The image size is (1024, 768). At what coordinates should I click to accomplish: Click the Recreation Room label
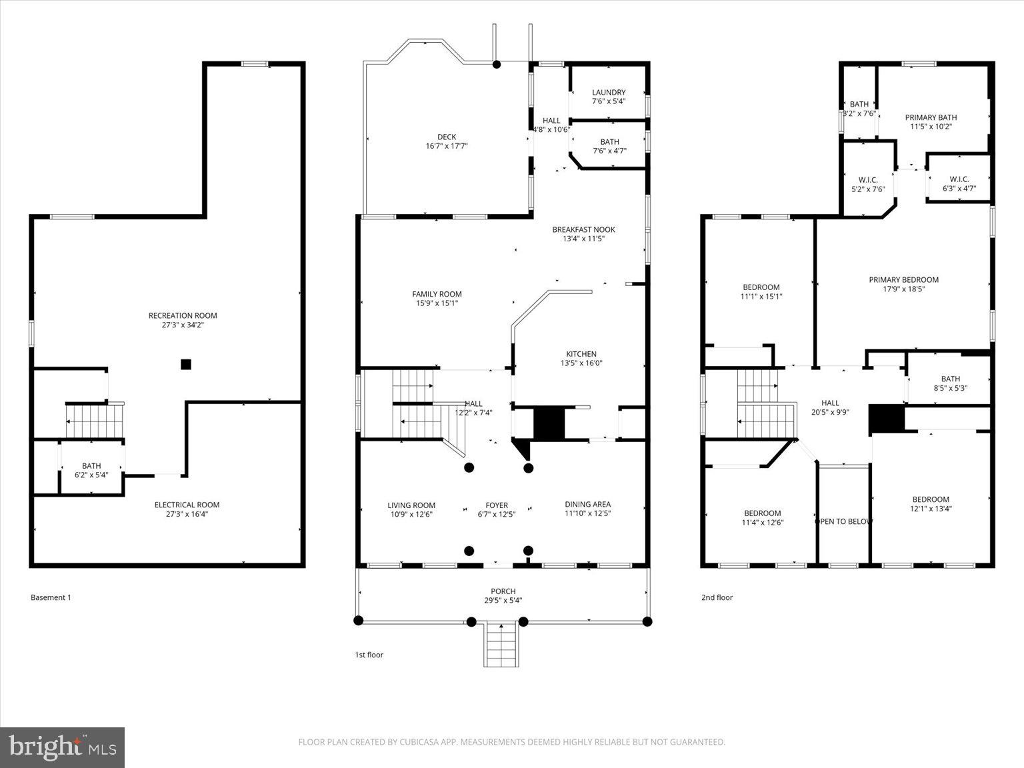183,315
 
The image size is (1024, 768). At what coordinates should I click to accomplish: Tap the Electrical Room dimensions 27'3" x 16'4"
187,514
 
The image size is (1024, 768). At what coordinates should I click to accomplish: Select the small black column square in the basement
186,364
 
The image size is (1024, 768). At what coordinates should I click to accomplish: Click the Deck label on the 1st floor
447,137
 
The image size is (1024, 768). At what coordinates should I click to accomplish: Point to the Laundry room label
609,93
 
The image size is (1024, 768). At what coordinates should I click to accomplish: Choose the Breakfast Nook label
583,229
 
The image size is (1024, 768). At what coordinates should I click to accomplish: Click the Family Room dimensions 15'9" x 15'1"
437,303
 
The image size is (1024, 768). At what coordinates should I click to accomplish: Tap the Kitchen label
581,354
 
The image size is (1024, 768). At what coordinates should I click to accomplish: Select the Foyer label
497,505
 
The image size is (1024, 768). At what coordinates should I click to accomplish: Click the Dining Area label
587,505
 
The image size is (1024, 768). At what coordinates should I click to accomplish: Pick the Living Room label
411,505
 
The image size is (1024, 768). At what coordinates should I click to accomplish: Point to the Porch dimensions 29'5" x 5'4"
503,600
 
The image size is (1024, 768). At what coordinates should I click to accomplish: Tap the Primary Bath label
931,117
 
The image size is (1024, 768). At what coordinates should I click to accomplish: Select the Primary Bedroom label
903,280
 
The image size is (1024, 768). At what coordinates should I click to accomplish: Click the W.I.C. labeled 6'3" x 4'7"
959,184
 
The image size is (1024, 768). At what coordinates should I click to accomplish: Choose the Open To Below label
844,521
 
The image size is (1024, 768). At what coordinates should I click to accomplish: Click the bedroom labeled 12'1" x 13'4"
931,503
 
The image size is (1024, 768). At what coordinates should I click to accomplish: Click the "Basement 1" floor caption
51,597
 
